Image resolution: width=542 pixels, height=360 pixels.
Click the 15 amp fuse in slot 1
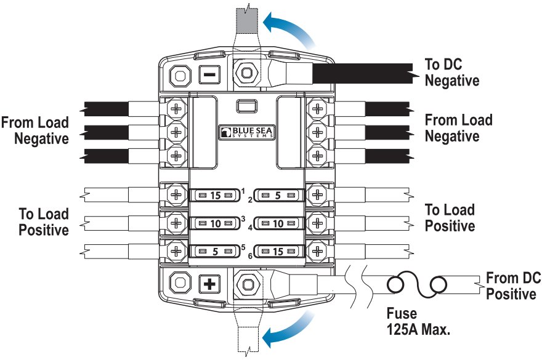(214, 196)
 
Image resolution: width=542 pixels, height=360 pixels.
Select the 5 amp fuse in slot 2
(278, 196)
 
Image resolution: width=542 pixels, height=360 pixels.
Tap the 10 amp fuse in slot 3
(214, 223)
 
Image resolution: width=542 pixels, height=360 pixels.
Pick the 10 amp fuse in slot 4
(278, 223)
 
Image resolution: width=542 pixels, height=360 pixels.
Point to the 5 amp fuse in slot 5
(214, 251)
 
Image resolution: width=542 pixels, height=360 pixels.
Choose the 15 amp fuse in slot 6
(278, 251)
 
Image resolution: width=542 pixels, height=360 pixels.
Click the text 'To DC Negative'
(451, 72)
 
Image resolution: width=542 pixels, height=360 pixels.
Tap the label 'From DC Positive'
(511, 285)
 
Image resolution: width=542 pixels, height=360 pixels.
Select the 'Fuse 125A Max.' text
(419, 320)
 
